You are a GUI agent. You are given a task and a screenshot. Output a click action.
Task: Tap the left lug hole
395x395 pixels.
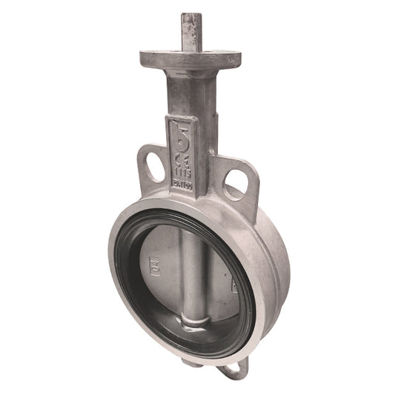pyautogui.click(x=153, y=165)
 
